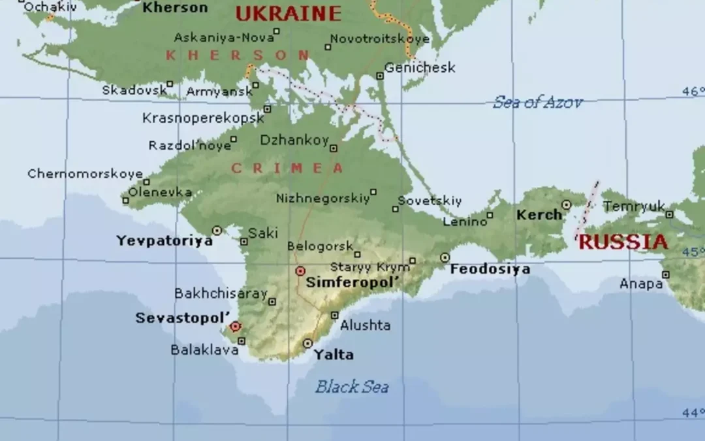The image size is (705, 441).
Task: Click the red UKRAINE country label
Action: tap(288, 13)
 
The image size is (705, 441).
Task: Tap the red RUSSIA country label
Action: tap(623, 242)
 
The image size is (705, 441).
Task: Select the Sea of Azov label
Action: tap(537, 102)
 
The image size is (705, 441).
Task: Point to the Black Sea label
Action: tap(352, 387)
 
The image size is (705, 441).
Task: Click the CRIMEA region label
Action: tap(287, 169)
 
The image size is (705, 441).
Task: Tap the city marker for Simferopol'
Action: tap(300, 270)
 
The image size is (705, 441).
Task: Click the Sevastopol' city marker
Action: tap(235, 326)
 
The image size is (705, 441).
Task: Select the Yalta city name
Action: tap(334, 355)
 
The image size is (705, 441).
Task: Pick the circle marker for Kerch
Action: tap(566, 204)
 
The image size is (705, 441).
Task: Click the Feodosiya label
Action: tap(490, 269)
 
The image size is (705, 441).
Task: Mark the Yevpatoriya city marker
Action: tap(217, 230)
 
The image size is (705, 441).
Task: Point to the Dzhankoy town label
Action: tap(294, 140)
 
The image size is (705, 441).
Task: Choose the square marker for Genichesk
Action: tap(380, 76)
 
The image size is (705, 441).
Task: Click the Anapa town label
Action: tap(640, 284)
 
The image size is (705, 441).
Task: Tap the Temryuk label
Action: tap(633, 206)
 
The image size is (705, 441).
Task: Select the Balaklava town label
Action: tap(204, 350)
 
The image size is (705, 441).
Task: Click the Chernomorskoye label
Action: tap(85, 174)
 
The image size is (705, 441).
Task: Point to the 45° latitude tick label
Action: tap(693, 252)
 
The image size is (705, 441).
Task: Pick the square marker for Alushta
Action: tap(334, 315)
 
